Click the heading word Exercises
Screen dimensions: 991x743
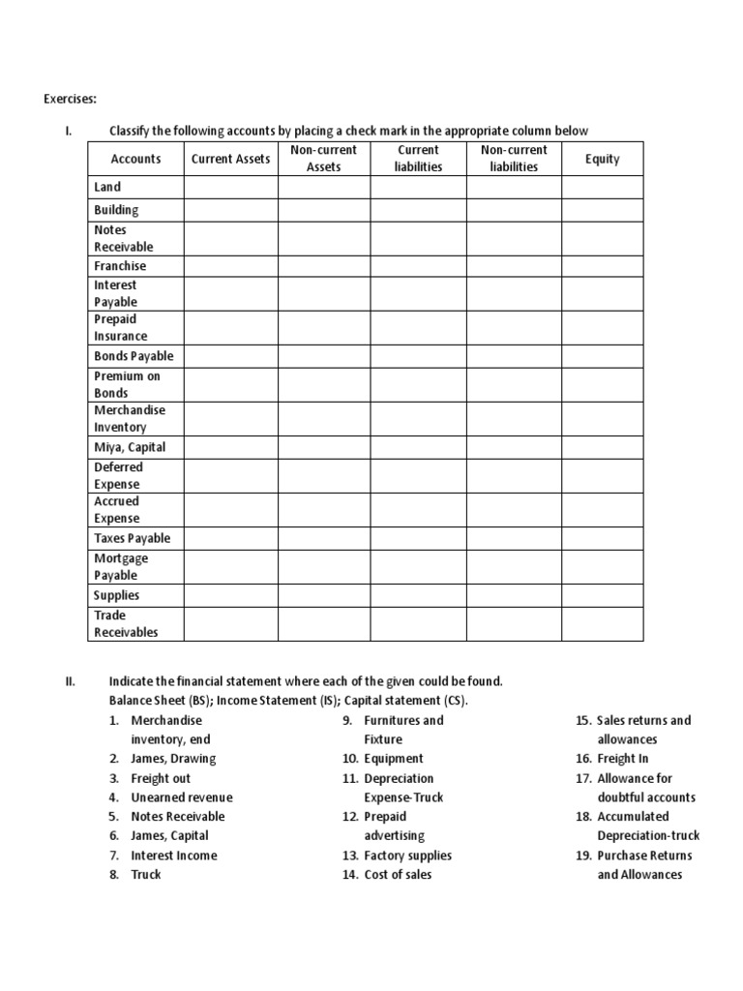coord(71,98)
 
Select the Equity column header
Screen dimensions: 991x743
coord(602,159)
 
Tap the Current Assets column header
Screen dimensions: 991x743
coord(230,159)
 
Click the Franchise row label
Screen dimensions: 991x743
coord(120,266)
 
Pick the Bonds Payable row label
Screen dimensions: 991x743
coord(134,356)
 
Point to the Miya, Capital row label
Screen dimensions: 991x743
coord(130,447)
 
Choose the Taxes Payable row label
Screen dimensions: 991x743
coord(132,538)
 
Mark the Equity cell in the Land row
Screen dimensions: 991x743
coord(602,187)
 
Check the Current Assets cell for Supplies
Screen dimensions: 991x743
coord(230,595)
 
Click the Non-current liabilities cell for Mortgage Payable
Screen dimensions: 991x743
coord(514,567)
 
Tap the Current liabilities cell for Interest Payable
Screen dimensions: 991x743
coord(418,293)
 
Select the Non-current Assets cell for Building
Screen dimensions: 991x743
coord(323,210)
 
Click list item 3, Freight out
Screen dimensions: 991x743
coord(161,778)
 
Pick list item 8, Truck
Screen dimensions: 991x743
coord(146,875)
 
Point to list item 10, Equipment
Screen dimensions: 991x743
coord(394,759)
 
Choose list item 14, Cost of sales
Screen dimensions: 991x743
coord(398,875)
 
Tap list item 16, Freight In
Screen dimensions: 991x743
coord(623,759)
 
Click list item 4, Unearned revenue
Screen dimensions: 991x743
coord(182,797)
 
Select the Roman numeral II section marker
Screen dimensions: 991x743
coord(70,681)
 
